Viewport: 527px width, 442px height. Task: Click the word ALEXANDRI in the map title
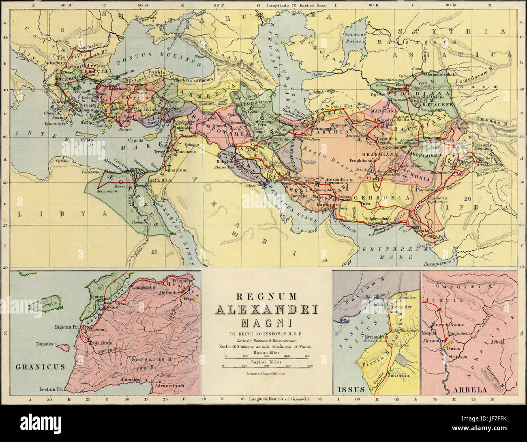tap(266, 311)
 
